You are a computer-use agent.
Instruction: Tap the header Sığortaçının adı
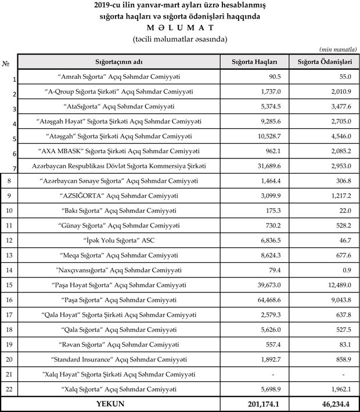(119, 61)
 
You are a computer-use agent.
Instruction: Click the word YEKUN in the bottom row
(119, 403)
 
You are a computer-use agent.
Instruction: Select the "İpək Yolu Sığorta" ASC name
(119, 240)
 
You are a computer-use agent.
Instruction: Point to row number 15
(8, 284)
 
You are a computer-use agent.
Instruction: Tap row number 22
(8, 388)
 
